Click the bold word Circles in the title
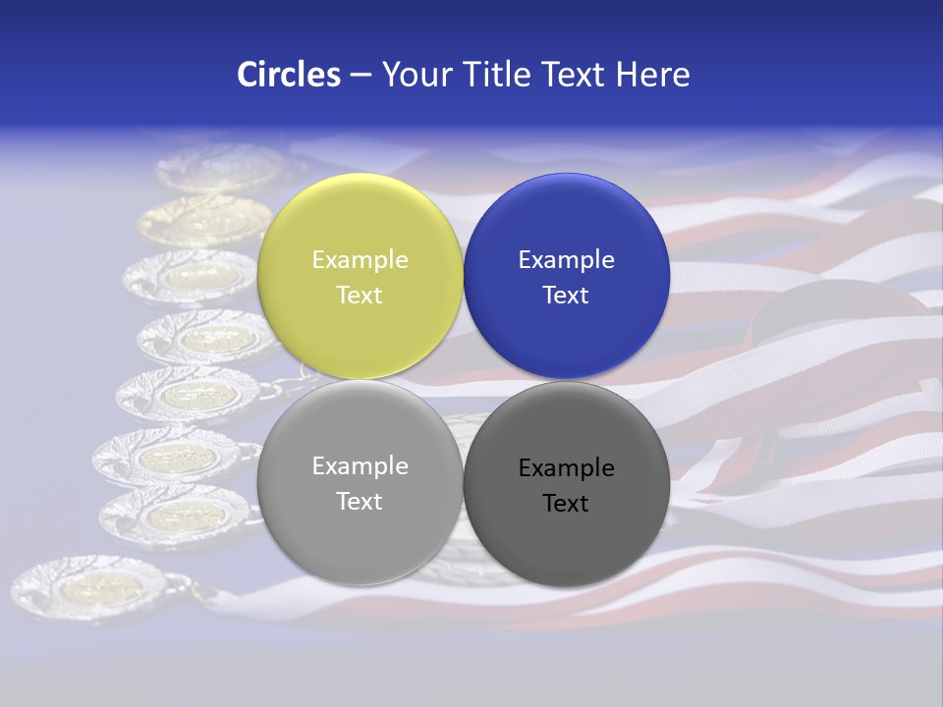tap(289, 75)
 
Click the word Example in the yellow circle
tap(360, 260)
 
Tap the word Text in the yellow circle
tap(360, 296)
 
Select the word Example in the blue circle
tap(566, 260)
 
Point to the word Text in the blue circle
tap(566, 296)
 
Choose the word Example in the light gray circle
tap(360, 466)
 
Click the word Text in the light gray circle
tap(360, 502)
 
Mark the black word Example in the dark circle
tap(566, 468)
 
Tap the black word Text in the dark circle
tap(566, 504)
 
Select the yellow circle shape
tap(360, 221)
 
